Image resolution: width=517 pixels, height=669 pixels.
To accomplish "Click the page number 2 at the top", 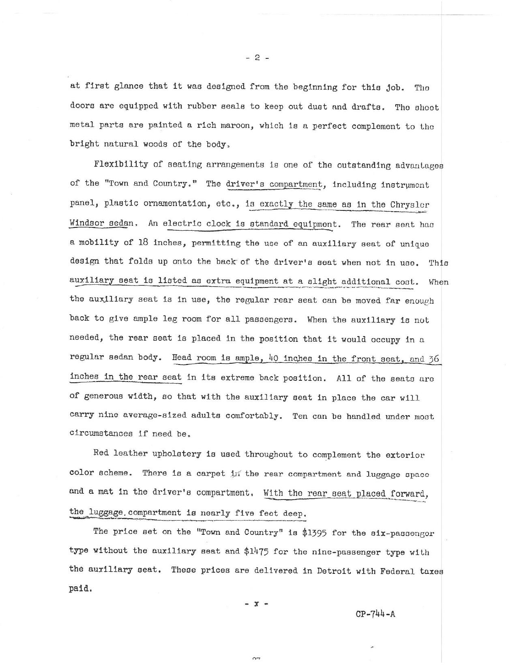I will point(257,58).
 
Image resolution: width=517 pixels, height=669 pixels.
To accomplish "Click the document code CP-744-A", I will point(375,613).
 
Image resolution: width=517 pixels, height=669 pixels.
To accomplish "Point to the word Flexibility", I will point(121,164).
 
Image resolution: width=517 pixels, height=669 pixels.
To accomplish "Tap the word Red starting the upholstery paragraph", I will point(101,453).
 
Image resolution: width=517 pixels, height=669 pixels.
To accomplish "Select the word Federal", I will point(397,571).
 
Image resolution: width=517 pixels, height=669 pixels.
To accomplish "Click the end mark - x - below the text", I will point(256,604).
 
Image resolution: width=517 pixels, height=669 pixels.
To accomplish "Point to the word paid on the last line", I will point(80,588).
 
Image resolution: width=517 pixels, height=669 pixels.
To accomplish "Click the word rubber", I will point(201,106).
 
